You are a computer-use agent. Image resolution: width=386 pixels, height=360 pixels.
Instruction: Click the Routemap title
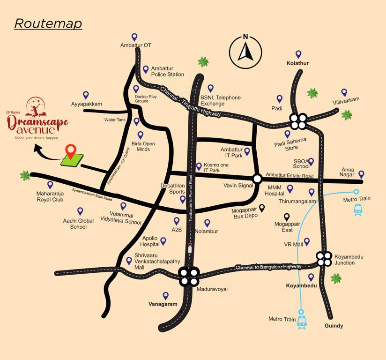point(48,23)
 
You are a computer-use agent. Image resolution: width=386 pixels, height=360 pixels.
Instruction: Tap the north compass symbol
point(245,48)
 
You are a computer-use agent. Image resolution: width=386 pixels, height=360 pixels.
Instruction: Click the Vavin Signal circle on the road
point(257,179)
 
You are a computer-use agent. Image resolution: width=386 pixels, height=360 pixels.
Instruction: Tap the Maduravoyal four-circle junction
point(189,277)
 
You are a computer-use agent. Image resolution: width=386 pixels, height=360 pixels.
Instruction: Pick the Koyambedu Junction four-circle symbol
point(323,259)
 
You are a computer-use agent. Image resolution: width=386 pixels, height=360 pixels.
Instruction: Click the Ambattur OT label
point(135,45)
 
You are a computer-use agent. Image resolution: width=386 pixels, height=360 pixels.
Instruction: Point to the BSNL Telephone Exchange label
point(220,100)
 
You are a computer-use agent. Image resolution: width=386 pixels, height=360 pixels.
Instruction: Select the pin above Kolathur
point(298,54)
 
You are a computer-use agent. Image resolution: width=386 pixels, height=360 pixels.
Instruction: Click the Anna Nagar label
point(348,172)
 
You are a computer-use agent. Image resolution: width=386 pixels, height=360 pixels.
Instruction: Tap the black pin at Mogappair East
point(287,217)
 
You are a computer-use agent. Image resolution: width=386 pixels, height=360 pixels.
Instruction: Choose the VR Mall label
point(294,245)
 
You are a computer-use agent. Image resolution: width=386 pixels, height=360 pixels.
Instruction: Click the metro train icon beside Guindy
point(302,320)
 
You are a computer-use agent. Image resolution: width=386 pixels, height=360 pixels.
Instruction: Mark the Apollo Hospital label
point(150,241)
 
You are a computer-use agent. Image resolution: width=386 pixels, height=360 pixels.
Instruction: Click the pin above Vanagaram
point(165,295)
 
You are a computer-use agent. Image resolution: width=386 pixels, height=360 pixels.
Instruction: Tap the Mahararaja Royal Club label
point(50,196)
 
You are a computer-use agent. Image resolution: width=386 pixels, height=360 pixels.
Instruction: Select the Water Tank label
point(115,120)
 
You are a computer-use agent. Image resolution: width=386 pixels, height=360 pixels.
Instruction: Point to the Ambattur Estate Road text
point(289,176)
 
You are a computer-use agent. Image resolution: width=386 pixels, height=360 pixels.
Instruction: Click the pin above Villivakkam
point(344,92)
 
